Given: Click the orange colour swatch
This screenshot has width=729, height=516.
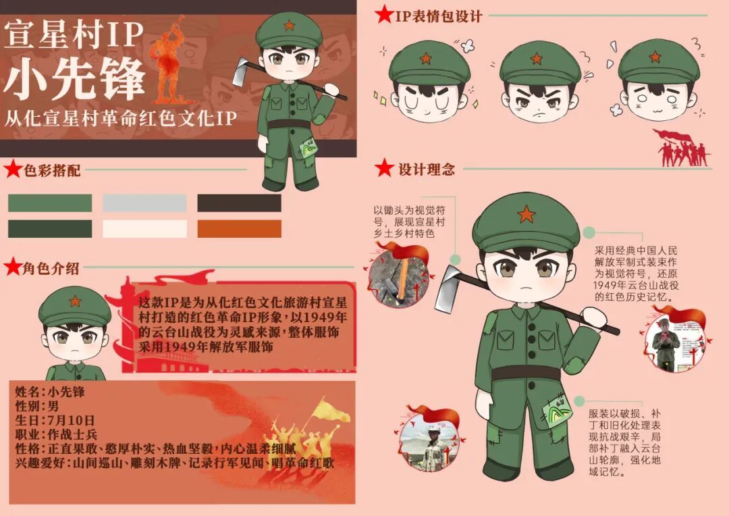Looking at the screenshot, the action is pos(239,229).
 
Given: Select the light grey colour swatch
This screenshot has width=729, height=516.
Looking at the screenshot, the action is pos(144,203).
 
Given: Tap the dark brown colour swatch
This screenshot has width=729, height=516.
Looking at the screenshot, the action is pos(239,203).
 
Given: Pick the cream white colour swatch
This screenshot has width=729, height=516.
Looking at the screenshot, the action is pos(144,229).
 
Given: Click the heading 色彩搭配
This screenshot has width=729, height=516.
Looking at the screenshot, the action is pos(52,170).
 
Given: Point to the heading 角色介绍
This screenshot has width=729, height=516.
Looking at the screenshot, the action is pos(51,269).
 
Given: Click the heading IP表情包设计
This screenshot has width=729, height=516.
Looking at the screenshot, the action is pos(439,16).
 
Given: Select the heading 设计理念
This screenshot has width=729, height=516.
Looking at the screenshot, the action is pos(427,169).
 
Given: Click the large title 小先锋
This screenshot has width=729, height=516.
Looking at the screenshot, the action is pos(74,79).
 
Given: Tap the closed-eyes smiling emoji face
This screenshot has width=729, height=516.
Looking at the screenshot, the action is pos(429,82).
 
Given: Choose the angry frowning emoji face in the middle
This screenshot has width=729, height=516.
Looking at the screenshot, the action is pos(539,82).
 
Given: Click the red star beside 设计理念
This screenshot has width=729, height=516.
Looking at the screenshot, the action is pos(385,168).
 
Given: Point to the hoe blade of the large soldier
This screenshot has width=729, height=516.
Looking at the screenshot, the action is pos(446,288).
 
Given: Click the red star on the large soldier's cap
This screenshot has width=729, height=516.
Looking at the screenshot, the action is pos(526,214).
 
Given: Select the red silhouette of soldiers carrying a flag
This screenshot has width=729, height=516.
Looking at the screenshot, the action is pos(682,149).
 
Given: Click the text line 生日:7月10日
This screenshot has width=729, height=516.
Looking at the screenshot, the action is pos(55,421).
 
